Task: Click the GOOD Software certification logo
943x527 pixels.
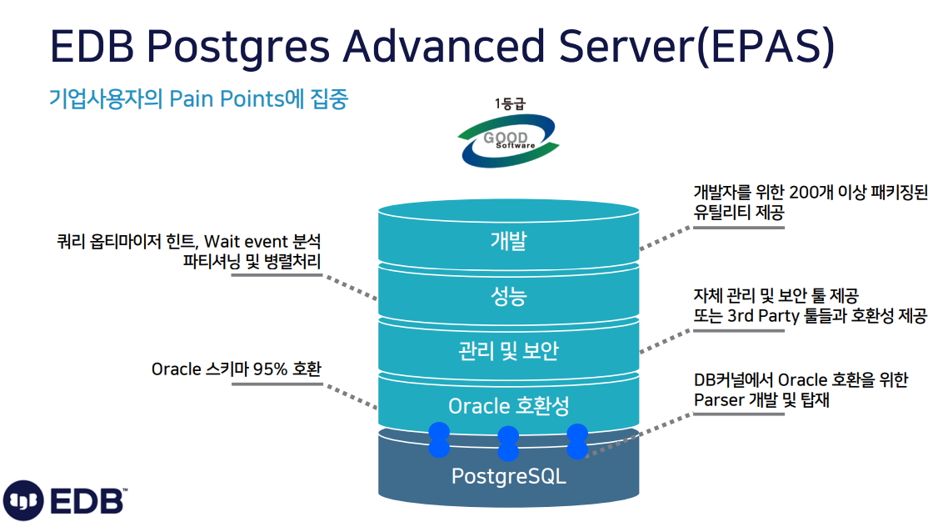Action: pos(508,140)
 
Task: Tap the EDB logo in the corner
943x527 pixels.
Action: pos(65,499)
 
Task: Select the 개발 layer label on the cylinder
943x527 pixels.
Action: pos(509,240)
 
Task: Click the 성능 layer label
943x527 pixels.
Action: pos(509,296)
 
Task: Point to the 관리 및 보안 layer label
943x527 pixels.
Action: pos(509,350)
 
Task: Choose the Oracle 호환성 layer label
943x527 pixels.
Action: pos(509,406)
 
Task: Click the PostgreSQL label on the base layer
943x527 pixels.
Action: pos(509,476)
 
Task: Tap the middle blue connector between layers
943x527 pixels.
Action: pos(508,444)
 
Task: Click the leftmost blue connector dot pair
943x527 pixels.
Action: pos(439,439)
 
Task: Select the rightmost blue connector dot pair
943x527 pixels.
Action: pos(577,441)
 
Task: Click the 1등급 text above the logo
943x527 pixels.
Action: pos(510,104)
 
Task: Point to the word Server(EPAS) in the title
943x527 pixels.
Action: pos(696,46)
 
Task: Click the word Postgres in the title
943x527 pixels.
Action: pos(238,47)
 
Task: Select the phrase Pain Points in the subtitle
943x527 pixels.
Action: pos(227,98)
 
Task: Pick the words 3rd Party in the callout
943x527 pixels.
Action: pos(763,315)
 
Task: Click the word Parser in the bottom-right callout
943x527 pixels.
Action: pos(719,400)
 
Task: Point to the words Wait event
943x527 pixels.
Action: pos(246,242)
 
